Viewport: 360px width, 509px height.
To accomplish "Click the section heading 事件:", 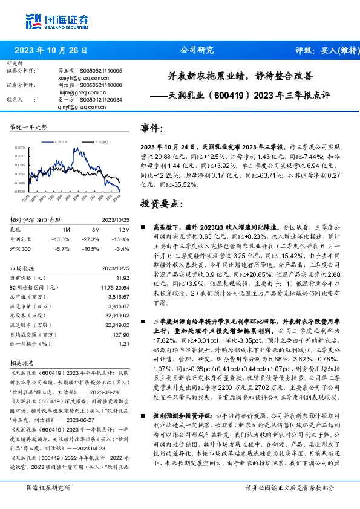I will [152, 129].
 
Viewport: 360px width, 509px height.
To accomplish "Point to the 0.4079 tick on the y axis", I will [19, 147].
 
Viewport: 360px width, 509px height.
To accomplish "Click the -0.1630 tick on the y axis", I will [19, 191].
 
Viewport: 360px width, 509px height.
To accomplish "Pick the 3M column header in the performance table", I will [96, 230].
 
